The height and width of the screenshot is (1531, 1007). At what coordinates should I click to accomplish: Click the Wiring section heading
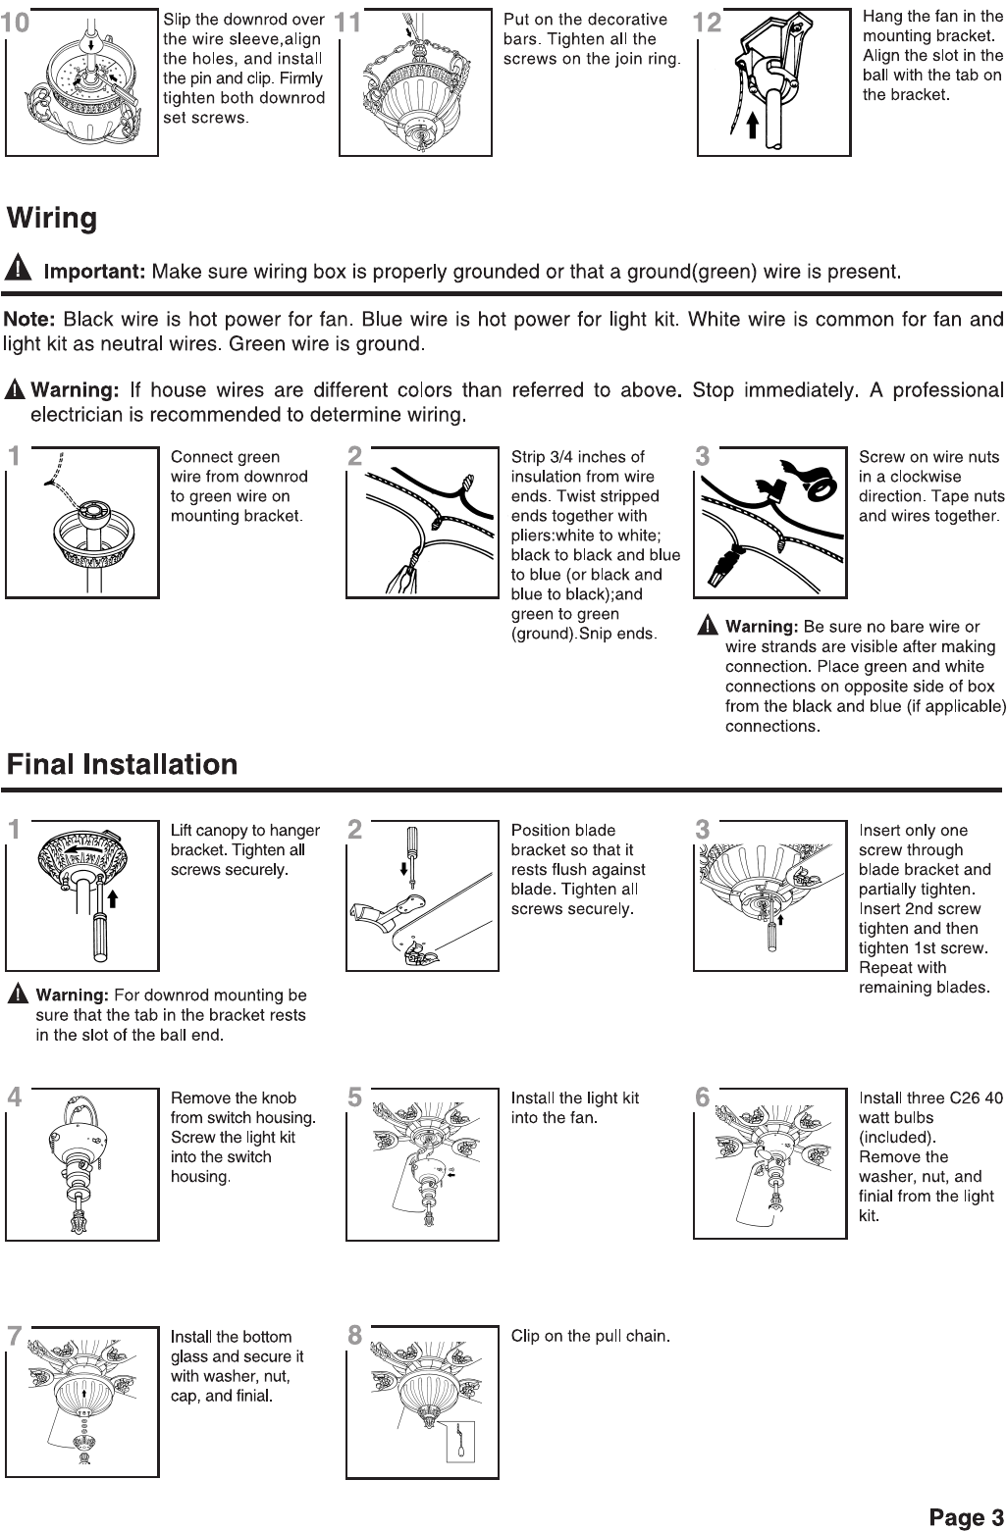point(53,218)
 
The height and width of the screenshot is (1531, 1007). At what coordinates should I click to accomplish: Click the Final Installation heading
point(123,764)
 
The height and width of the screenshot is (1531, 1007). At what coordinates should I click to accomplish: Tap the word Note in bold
point(29,320)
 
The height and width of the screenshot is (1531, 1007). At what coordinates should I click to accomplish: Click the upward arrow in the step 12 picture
point(752,125)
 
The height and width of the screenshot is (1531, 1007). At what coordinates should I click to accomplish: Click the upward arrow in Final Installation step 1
point(113,896)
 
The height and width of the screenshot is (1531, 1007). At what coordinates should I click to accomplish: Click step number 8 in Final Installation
point(355,1336)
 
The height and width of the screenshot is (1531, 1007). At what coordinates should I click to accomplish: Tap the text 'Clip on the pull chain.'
point(590,1336)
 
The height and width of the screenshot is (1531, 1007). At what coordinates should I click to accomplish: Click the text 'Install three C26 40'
point(930,1098)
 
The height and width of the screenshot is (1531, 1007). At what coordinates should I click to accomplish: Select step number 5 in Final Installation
point(355,1097)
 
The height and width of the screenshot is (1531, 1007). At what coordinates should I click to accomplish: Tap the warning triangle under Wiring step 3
point(707,626)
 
